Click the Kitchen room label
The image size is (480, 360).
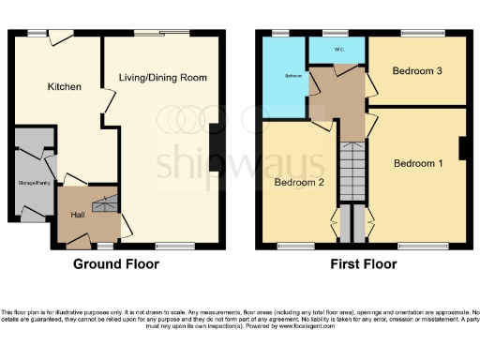pyautogui.click(x=65, y=86)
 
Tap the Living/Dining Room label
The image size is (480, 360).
pyautogui.click(x=162, y=77)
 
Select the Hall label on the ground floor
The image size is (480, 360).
pyautogui.click(x=78, y=215)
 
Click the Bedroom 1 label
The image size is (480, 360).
pyautogui.click(x=416, y=163)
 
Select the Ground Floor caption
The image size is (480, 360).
pyautogui.click(x=116, y=264)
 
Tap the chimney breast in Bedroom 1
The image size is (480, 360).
pyautogui.click(x=462, y=149)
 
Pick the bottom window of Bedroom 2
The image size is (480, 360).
pyautogui.click(x=296, y=247)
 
